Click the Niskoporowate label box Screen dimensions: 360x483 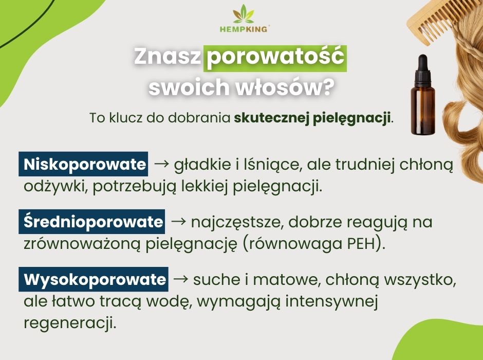pyautogui.click(x=85, y=165)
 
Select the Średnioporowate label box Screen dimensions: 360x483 pyautogui.click(x=93, y=222)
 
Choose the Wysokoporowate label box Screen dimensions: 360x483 pyautogui.click(x=94, y=280)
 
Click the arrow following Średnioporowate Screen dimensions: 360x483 pyautogui.click(x=178, y=222)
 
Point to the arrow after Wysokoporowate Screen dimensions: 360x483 pyautogui.click(x=180, y=280)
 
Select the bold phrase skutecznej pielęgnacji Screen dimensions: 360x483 pyautogui.click(x=312, y=117)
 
